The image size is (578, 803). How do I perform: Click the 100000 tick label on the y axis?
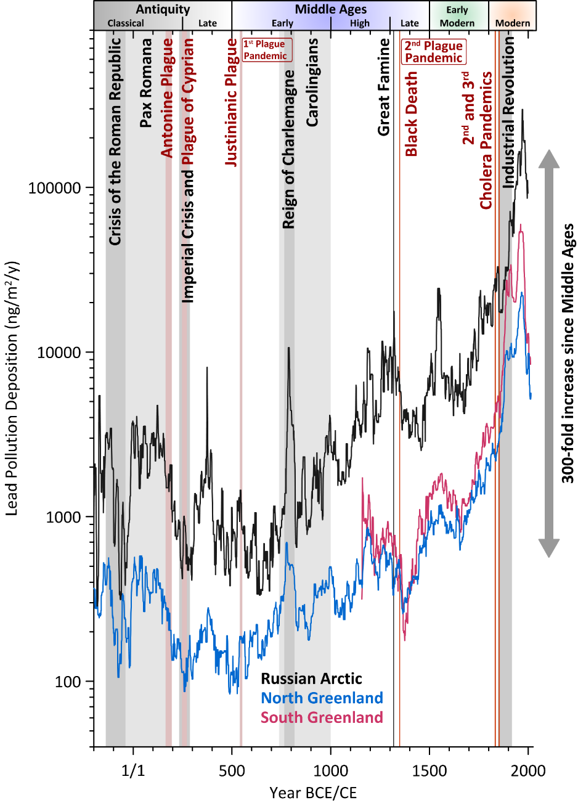pos(55,188)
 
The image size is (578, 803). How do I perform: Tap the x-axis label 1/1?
pos(133,770)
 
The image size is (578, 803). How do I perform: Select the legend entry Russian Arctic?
pos(311,679)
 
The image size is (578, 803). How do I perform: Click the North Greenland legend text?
pos(322,698)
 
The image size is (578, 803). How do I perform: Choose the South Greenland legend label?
pos(322,717)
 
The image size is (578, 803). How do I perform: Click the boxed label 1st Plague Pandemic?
pos(266,50)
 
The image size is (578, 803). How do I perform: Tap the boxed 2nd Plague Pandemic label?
pos(433,52)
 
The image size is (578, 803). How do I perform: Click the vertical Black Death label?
pos(411,114)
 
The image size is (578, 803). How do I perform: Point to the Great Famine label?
pos(384,87)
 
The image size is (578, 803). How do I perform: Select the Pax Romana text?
pos(146,83)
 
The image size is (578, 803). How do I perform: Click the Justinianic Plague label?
pos(231,102)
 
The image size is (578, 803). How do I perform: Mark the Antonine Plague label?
pos(167,98)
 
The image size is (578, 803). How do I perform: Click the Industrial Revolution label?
pos(508,112)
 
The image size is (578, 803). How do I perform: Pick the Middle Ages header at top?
pos(330,9)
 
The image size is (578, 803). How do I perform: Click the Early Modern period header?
pos(457,17)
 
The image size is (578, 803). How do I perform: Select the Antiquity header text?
pos(163,9)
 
